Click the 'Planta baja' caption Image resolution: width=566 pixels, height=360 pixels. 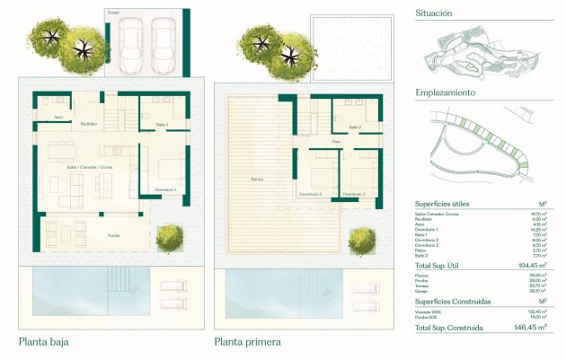tap(44, 342)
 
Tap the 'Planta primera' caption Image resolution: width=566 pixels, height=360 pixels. tap(248, 342)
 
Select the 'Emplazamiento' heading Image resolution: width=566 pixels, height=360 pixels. tap(446, 92)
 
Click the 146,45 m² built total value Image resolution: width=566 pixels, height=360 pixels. tap(533, 329)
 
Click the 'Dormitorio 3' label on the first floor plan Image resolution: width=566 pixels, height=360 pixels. tap(310, 194)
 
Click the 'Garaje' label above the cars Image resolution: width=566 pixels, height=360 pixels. tap(113, 13)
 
